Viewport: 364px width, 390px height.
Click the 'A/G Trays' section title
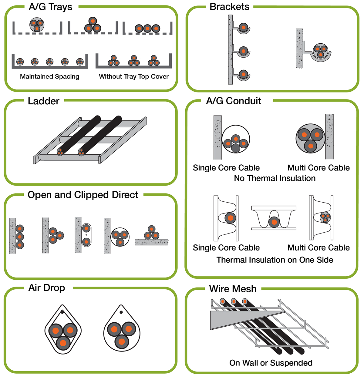(50, 7)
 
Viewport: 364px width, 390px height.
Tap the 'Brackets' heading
(229, 7)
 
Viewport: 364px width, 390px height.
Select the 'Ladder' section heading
(43, 101)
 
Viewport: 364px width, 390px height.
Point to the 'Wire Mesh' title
(233, 289)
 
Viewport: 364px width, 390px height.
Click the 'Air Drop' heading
(47, 288)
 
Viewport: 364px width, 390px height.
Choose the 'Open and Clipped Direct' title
(83, 195)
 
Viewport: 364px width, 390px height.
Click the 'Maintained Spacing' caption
(49, 77)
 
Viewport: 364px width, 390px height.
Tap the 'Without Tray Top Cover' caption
(133, 77)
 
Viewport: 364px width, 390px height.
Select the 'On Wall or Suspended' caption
(271, 363)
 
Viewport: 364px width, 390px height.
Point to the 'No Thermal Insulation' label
(275, 178)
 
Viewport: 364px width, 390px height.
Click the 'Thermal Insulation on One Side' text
(275, 260)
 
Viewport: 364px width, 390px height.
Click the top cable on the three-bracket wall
(243, 28)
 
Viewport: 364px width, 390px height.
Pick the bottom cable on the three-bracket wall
(243, 74)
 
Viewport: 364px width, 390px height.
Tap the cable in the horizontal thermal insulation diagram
(274, 222)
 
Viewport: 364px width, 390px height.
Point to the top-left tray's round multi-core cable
(37, 25)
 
